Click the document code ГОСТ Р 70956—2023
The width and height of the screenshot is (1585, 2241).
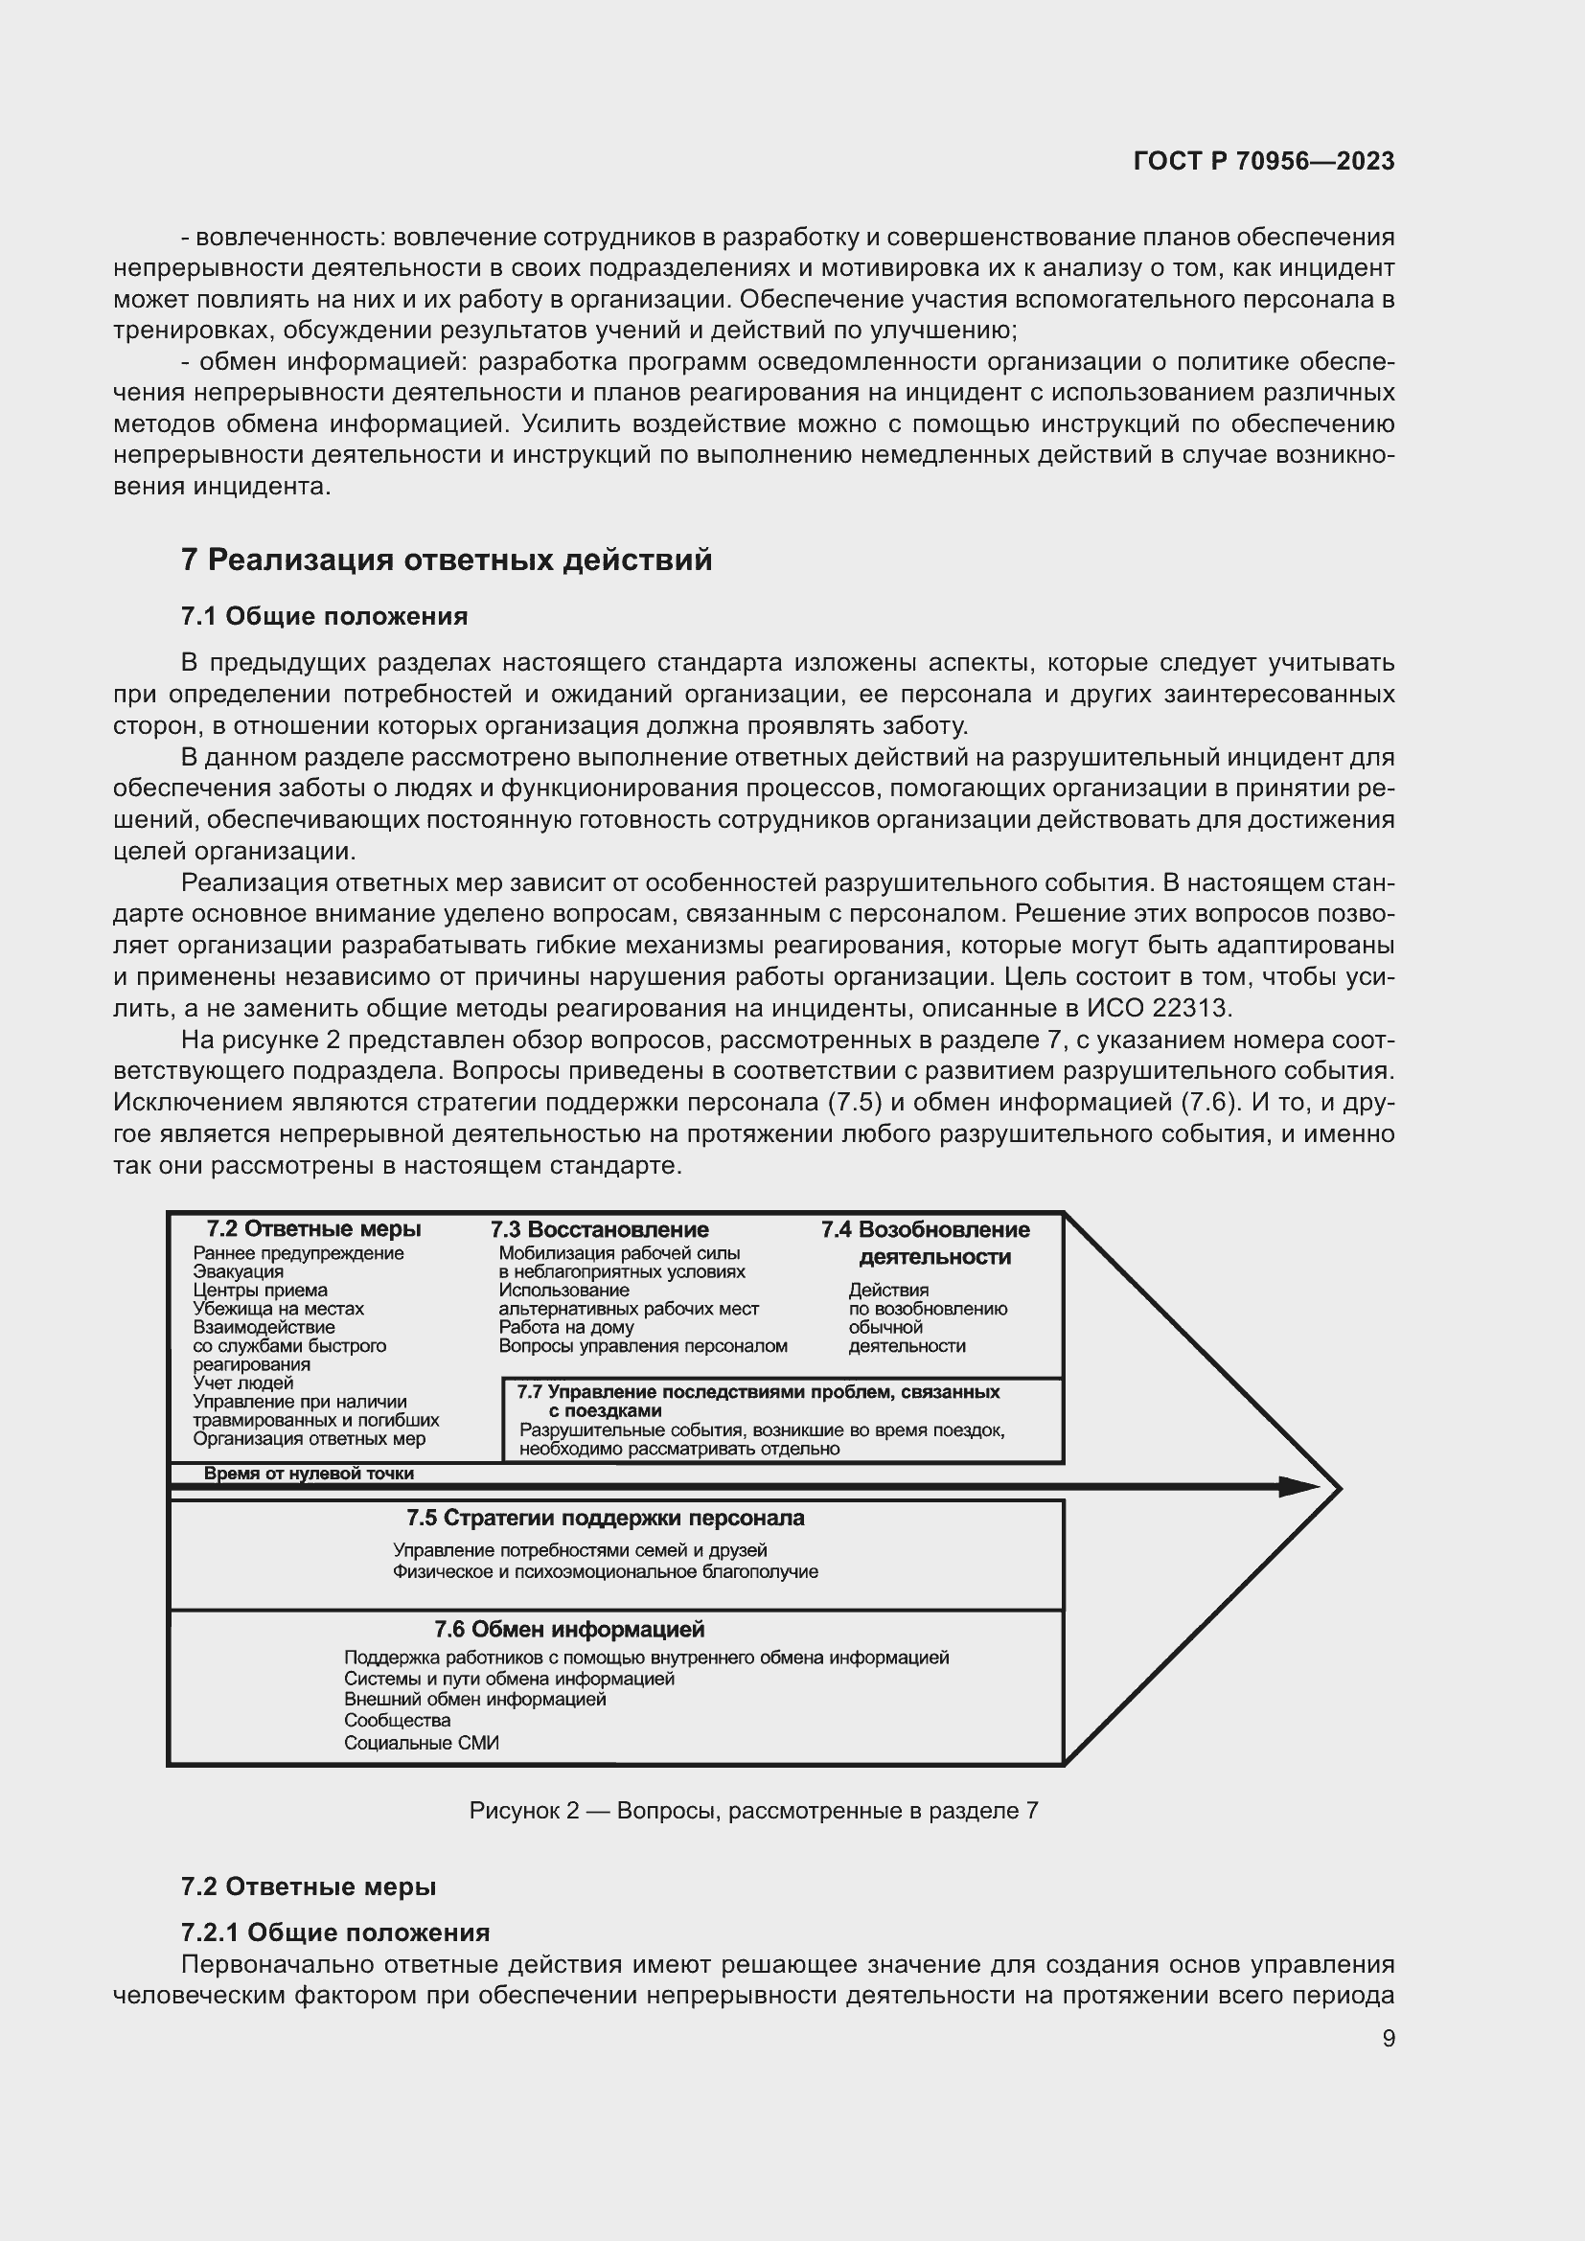pyautogui.click(x=1264, y=161)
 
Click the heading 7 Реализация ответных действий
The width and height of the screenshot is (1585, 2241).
pyautogui.click(x=446, y=560)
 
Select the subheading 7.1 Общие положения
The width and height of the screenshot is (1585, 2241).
pyautogui.click(x=324, y=616)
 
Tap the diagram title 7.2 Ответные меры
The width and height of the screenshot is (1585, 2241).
pyautogui.click(x=313, y=1229)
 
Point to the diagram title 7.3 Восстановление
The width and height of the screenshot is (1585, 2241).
pyautogui.click(x=599, y=1229)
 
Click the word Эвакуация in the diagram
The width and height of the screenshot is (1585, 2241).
pyautogui.click(x=239, y=1271)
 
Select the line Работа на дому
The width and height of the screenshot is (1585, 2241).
pyautogui.click(x=566, y=1327)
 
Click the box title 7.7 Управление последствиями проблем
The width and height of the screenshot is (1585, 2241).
pyautogui.click(x=757, y=1392)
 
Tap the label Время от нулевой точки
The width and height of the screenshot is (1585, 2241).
pyautogui.click(x=309, y=1473)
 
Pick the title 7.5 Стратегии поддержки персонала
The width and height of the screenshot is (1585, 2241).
pyautogui.click(x=605, y=1518)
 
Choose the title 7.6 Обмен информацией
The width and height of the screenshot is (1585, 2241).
pyautogui.click(x=569, y=1629)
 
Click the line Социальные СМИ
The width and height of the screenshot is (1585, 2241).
pyautogui.click(x=421, y=1742)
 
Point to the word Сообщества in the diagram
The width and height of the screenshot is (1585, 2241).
pyautogui.click(x=398, y=1720)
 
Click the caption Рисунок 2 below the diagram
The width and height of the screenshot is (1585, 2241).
pyautogui.click(x=753, y=1812)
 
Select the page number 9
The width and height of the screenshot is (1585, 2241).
pyautogui.click(x=1388, y=2039)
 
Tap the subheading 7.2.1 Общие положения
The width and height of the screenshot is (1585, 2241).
pyautogui.click(x=334, y=1932)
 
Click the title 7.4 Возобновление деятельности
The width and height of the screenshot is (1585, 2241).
pyautogui.click(x=926, y=1243)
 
